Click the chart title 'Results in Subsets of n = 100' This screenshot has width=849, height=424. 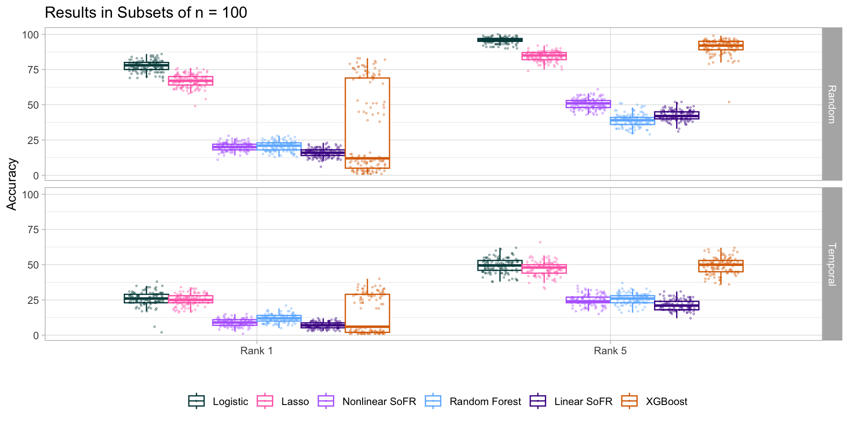[x=146, y=13]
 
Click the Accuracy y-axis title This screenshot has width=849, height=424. [x=12, y=184]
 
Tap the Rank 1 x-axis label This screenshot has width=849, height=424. [x=256, y=351]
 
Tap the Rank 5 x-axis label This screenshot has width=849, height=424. [x=610, y=351]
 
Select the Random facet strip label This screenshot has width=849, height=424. [x=832, y=104]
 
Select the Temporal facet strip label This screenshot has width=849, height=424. [x=832, y=264]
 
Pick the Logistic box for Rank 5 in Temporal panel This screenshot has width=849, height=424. [x=500, y=265]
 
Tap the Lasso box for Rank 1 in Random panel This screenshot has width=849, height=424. [x=191, y=81]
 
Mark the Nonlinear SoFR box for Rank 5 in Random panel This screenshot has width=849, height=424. [x=588, y=104]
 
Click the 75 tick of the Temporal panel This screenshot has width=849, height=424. [x=33, y=230]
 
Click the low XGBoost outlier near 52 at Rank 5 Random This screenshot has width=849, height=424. [x=729, y=102]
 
